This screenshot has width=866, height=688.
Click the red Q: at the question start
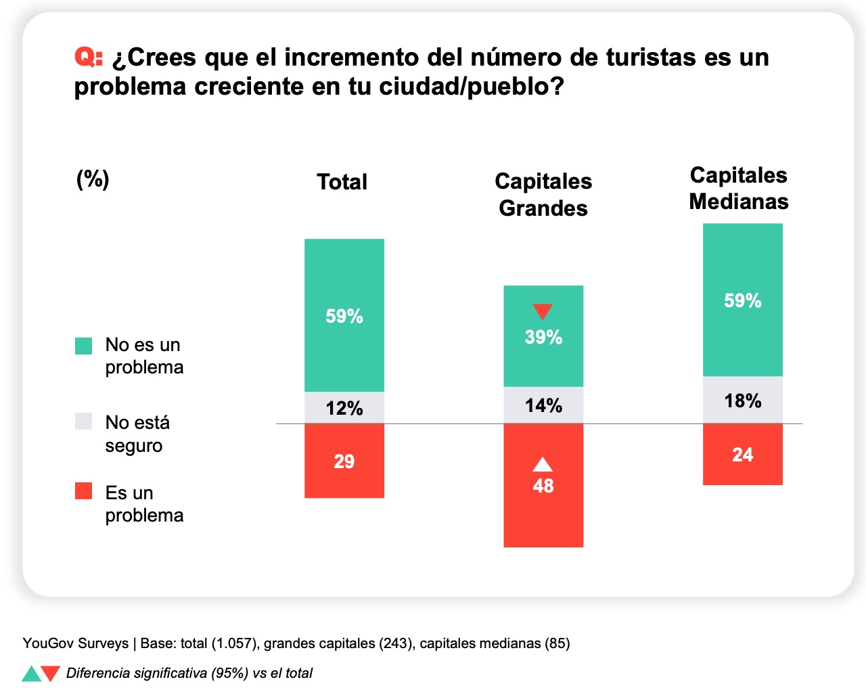[88, 58]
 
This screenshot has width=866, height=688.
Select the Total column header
[342, 182]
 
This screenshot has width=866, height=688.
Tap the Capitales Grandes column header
[543, 194]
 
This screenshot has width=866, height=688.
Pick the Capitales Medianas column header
[738, 188]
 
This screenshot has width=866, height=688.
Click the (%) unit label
[93, 179]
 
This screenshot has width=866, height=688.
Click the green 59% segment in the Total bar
[344, 315]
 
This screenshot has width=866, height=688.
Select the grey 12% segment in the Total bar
[344, 408]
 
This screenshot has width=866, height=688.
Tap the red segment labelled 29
[344, 461]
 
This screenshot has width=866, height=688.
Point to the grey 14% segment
[543, 405]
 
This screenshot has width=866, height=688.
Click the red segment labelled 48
[543, 501]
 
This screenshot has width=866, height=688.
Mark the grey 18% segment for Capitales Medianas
[743, 400]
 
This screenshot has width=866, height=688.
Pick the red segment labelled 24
[743, 455]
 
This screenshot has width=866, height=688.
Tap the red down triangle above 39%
[543, 311]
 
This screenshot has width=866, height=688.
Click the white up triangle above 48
[543, 465]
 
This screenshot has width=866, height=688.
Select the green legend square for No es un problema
[83, 346]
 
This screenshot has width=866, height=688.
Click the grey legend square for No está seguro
[83, 421]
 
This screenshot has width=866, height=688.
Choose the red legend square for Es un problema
[83, 491]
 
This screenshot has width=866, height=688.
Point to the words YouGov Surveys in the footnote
[75, 643]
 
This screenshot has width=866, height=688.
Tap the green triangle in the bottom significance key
[30, 674]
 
